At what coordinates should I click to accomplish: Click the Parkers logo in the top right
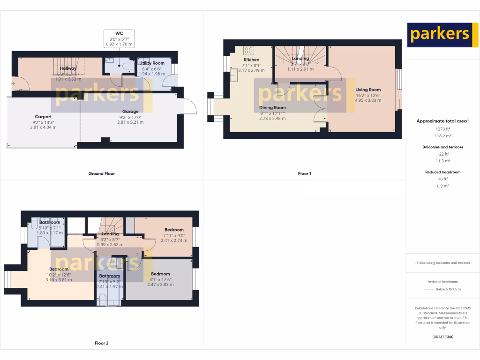(439, 35)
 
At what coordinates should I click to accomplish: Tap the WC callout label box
(119, 39)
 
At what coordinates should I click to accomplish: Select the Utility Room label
(151, 63)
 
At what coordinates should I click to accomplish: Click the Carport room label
(43, 117)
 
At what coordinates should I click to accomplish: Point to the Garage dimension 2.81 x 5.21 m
(130, 122)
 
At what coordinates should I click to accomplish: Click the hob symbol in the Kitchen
(248, 51)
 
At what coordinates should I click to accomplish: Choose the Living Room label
(368, 90)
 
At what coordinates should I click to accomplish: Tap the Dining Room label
(272, 108)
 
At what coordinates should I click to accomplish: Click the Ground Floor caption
(101, 173)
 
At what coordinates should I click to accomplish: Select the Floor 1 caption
(304, 173)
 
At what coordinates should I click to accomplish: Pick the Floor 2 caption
(101, 343)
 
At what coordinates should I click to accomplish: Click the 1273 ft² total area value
(435, 128)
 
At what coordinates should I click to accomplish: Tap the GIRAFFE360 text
(442, 337)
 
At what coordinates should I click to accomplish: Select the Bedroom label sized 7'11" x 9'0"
(173, 230)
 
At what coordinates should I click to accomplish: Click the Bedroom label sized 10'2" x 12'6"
(59, 269)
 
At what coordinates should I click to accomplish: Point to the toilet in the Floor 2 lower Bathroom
(102, 299)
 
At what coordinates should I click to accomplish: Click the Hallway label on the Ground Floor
(68, 68)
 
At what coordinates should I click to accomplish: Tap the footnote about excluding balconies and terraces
(442, 262)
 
